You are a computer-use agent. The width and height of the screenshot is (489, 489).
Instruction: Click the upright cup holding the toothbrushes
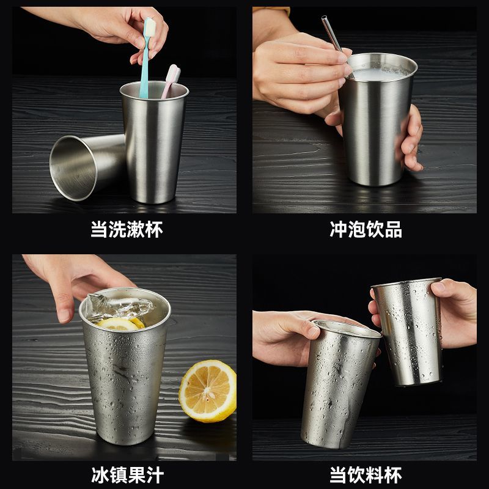pos(154,142)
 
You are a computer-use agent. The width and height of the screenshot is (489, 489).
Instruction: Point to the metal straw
pos(337,46)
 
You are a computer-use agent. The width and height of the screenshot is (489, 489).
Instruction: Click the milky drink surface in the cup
pos(380,73)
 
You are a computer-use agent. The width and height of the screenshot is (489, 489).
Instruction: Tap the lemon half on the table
pos(208,391)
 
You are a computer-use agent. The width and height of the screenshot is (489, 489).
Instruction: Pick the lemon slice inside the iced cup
pos(120,324)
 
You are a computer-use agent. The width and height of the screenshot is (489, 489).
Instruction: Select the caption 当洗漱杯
pos(127,230)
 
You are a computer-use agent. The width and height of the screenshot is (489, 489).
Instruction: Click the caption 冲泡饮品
pos(366,230)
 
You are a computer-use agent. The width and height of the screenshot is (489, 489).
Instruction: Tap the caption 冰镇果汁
pos(127,475)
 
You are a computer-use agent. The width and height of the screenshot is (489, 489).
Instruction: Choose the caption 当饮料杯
pos(366,475)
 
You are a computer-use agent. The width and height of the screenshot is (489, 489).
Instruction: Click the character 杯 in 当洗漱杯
pos(154,230)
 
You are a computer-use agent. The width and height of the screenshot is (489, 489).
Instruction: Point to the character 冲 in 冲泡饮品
pos(339,230)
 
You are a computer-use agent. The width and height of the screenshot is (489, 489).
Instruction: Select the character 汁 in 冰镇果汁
pos(155,475)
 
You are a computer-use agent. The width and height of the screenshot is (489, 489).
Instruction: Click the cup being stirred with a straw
pos(377,120)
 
